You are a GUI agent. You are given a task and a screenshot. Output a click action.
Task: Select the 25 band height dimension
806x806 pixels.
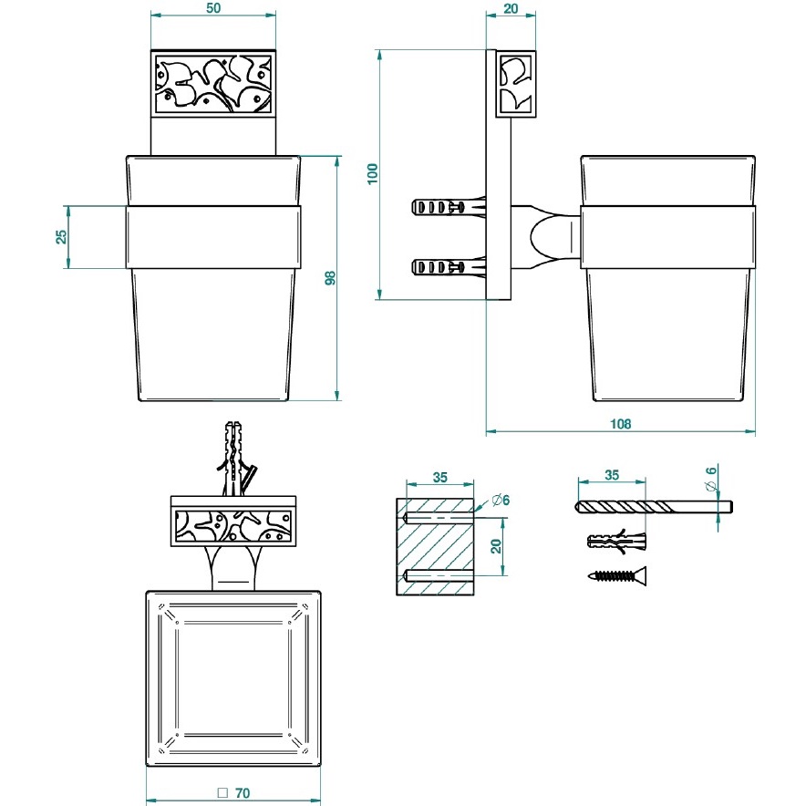click(61, 236)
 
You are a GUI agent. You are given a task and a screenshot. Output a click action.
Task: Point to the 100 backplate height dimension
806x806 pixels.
click(372, 174)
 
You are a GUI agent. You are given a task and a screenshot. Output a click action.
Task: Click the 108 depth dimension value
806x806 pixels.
click(620, 424)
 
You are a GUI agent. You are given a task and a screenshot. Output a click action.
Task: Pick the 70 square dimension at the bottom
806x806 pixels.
click(234, 793)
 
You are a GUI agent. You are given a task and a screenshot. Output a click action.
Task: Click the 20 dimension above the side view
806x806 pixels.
click(510, 8)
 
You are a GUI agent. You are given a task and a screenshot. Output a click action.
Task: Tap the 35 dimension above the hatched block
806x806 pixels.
click(439, 477)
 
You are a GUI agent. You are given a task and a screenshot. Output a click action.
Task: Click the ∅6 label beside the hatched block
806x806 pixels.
click(500, 500)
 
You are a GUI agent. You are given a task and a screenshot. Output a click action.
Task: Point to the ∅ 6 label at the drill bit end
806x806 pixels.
click(712, 477)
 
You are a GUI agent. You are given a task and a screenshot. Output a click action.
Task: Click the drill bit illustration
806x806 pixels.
click(655, 507)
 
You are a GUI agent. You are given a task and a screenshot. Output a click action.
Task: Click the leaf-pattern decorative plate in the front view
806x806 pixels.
click(212, 82)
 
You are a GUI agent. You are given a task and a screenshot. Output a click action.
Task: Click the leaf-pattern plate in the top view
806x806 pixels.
click(234, 526)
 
